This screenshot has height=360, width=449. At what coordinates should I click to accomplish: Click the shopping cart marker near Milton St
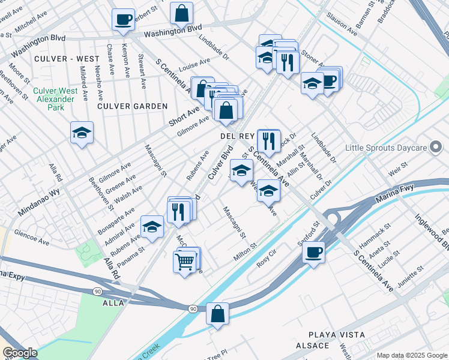pos(185,262)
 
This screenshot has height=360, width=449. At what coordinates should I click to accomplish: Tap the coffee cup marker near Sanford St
pos(313,252)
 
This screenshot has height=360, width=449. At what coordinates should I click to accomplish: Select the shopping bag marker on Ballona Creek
pos(217,314)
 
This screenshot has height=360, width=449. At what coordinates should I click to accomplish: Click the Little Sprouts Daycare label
pos(394,148)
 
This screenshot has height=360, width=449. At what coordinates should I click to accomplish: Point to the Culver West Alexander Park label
pos(56,99)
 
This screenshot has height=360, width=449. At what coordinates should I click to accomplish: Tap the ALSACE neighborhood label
pos(312,346)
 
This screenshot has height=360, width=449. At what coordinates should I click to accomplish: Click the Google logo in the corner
pos(20,353)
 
